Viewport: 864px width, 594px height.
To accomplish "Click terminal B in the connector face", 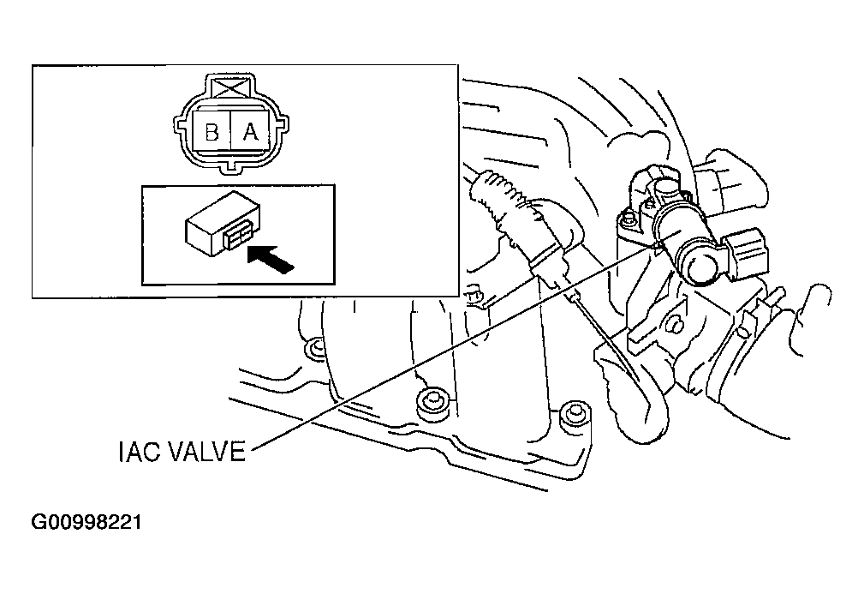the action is pos(212,131).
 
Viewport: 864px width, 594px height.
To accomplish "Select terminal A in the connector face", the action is pos(251,131).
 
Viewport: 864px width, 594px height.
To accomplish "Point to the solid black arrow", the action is pos(271,259).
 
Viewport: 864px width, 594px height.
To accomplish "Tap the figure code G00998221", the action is pos(86,522).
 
